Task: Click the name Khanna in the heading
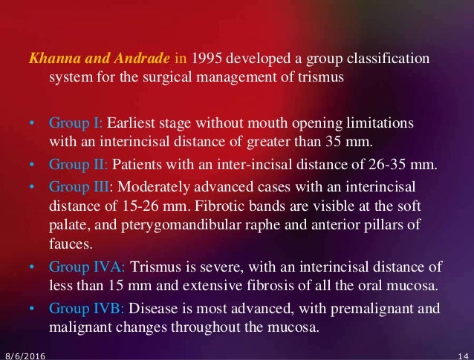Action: pyautogui.click(x=49, y=59)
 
